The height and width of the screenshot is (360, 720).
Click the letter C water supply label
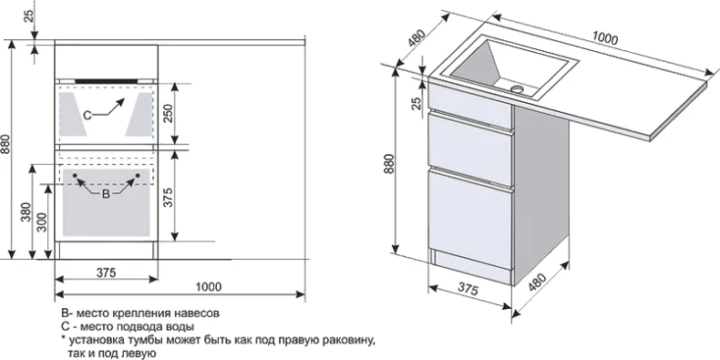tap(87, 115)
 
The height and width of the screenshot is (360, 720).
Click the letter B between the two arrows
tap(106, 194)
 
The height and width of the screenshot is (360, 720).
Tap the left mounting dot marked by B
tap(75, 175)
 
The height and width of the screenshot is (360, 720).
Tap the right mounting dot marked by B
tap(138, 175)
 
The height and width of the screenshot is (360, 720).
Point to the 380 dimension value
tap(26, 213)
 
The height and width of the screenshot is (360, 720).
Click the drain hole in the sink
tap(518, 87)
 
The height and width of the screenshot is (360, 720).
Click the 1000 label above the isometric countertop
tap(605, 38)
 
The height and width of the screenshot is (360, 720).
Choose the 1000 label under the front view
tap(209, 287)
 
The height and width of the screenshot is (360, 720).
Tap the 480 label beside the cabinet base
tap(537, 283)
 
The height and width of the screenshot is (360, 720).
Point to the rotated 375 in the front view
tap(168, 197)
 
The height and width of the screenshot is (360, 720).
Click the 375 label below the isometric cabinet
tap(468, 290)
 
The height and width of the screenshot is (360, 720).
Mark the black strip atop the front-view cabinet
tap(106, 80)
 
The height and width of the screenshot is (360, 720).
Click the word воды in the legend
tap(181, 327)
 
